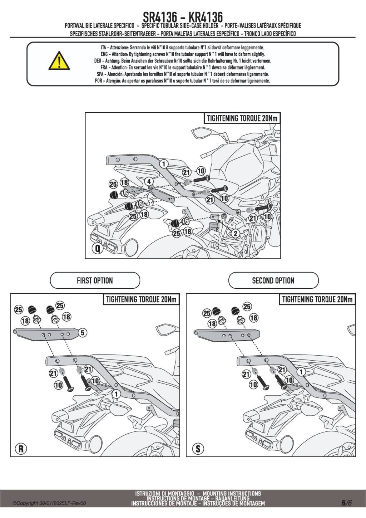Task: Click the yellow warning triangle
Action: (59, 61)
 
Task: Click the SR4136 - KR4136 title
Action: (183, 17)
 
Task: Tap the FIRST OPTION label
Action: (95, 280)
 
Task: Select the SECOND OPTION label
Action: (273, 280)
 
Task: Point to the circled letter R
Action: (21, 449)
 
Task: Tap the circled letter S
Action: (198, 449)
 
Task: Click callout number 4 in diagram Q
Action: (149, 182)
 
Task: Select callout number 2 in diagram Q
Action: (235, 234)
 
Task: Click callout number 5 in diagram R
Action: (83, 333)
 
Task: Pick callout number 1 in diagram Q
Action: (164, 164)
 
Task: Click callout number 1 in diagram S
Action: (301, 372)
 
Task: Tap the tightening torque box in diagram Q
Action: (242, 118)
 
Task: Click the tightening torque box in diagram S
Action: (317, 299)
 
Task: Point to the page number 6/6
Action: (346, 503)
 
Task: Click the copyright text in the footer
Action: (49, 503)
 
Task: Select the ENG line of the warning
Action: (183, 54)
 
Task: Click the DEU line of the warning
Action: (183, 61)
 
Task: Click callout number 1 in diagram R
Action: (116, 394)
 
